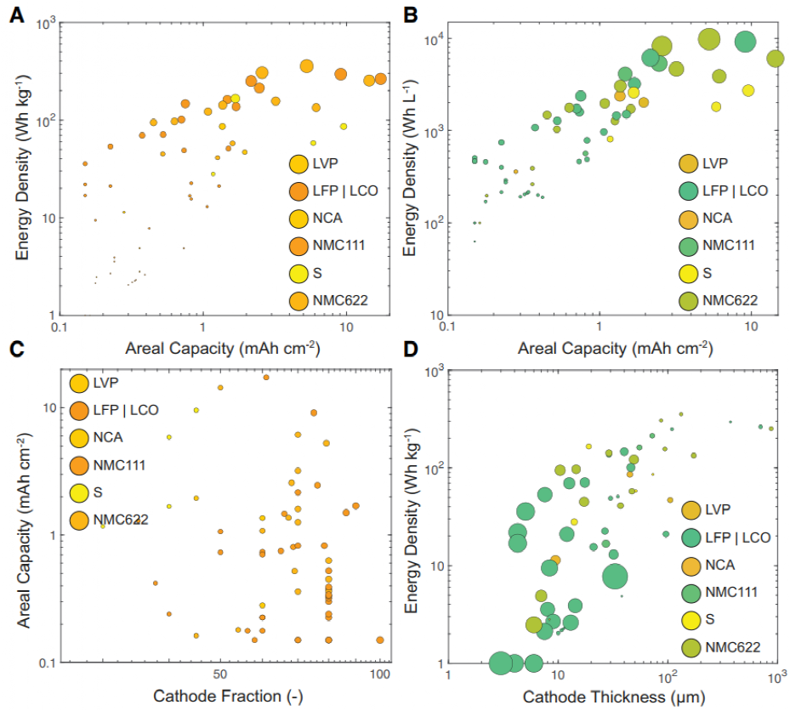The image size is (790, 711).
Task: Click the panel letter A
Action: (17, 14)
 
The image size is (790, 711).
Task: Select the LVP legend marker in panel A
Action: (299, 166)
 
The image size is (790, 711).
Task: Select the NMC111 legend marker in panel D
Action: (691, 592)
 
